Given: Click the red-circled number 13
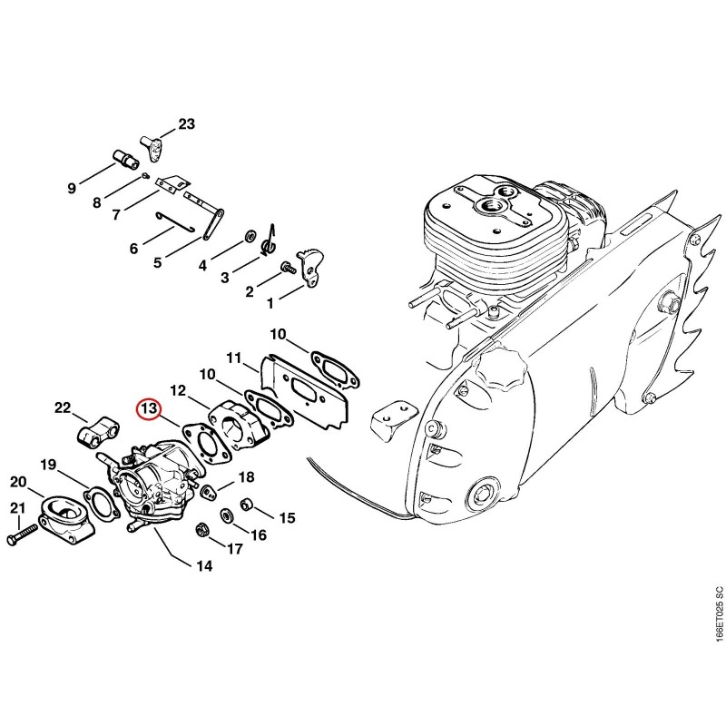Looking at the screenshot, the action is point(150,408).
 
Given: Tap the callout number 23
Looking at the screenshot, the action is point(187,124).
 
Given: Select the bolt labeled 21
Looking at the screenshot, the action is point(22,535).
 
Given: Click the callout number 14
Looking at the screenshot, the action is point(204,565).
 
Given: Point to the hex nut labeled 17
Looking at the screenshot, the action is point(201,528).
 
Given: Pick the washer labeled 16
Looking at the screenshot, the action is point(227,515).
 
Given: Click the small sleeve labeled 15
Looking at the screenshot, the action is point(246,504).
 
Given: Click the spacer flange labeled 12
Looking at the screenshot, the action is point(240,429).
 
